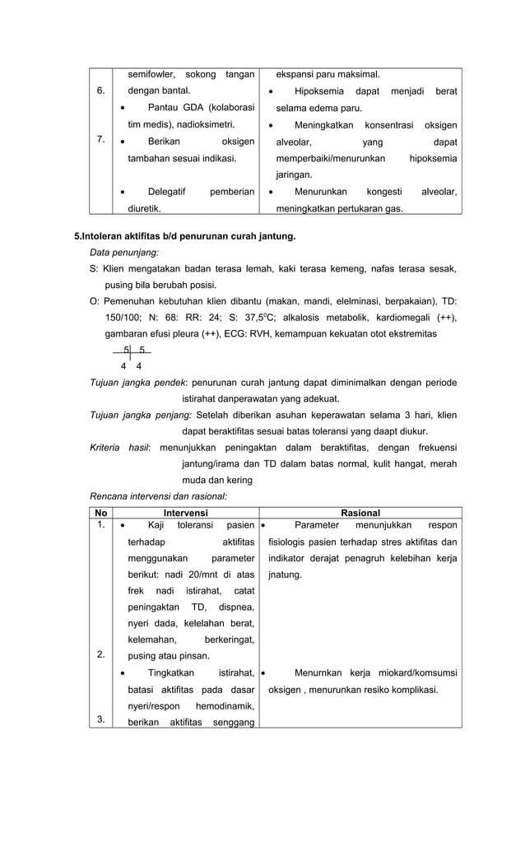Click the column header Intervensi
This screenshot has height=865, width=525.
185,513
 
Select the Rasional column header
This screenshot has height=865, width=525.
360,513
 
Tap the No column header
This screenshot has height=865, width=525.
101,513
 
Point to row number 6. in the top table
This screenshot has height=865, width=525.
100,91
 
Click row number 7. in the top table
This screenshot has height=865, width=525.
100,139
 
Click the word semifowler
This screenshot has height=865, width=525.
151,75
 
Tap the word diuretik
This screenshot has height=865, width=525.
144,209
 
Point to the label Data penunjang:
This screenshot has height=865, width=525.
124,253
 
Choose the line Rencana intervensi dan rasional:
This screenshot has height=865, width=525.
158,496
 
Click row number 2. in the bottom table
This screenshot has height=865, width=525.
100,655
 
